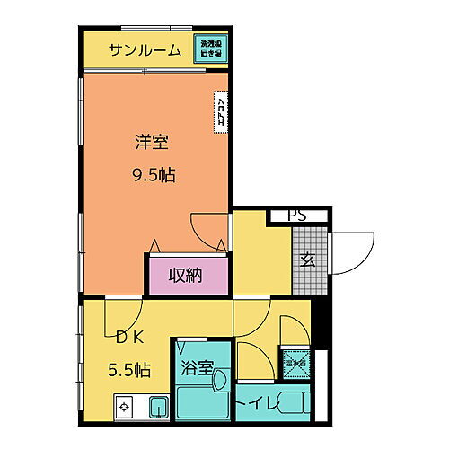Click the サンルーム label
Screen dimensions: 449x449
click(x=145, y=50)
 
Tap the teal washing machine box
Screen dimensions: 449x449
click(x=212, y=49)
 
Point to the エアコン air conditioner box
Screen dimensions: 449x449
click(x=220, y=113)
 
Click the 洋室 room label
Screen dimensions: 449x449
click(x=151, y=142)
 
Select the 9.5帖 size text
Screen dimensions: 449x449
click(x=151, y=175)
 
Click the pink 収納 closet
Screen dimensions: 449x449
click(x=186, y=275)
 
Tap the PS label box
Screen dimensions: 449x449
click(x=296, y=216)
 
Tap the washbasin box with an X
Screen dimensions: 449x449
click(x=294, y=362)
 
